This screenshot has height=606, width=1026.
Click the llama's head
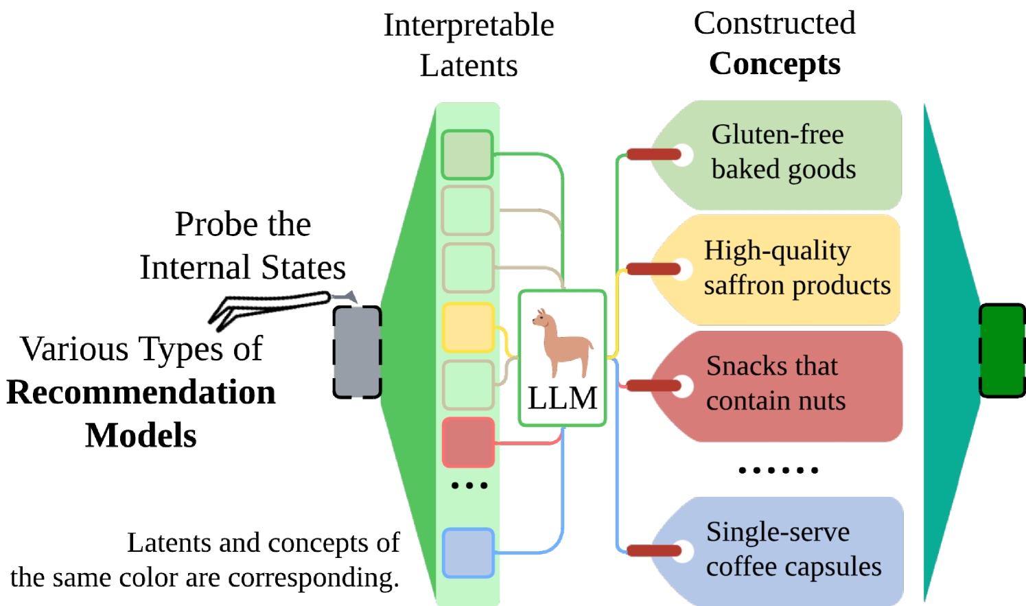(x=543, y=320)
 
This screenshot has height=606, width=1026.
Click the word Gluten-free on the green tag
(x=777, y=135)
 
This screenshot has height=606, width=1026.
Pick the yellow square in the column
(x=468, y=328)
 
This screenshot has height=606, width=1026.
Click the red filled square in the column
(x=468, y=443)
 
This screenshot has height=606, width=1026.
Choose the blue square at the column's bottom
(x=468, y=552)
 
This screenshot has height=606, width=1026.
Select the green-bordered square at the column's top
(x=467, y=155)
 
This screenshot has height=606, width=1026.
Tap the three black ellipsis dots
(x=469, y=485)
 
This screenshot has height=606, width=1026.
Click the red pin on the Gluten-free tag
(x=653, y=154)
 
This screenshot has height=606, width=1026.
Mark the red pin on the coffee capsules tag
(x=653, y=550)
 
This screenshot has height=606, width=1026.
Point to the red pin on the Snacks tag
(x=653, y=386)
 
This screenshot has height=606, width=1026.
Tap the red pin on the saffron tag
(x=653, y=268)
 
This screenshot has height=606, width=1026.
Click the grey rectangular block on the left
(x=357, y=352)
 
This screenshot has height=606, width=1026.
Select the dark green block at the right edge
(x=1002, y=351)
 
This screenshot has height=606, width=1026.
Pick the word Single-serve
(x=778, y=532)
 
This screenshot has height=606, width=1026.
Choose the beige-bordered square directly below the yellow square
(x=468, y=385)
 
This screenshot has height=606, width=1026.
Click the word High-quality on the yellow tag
(x=777, y=251)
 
